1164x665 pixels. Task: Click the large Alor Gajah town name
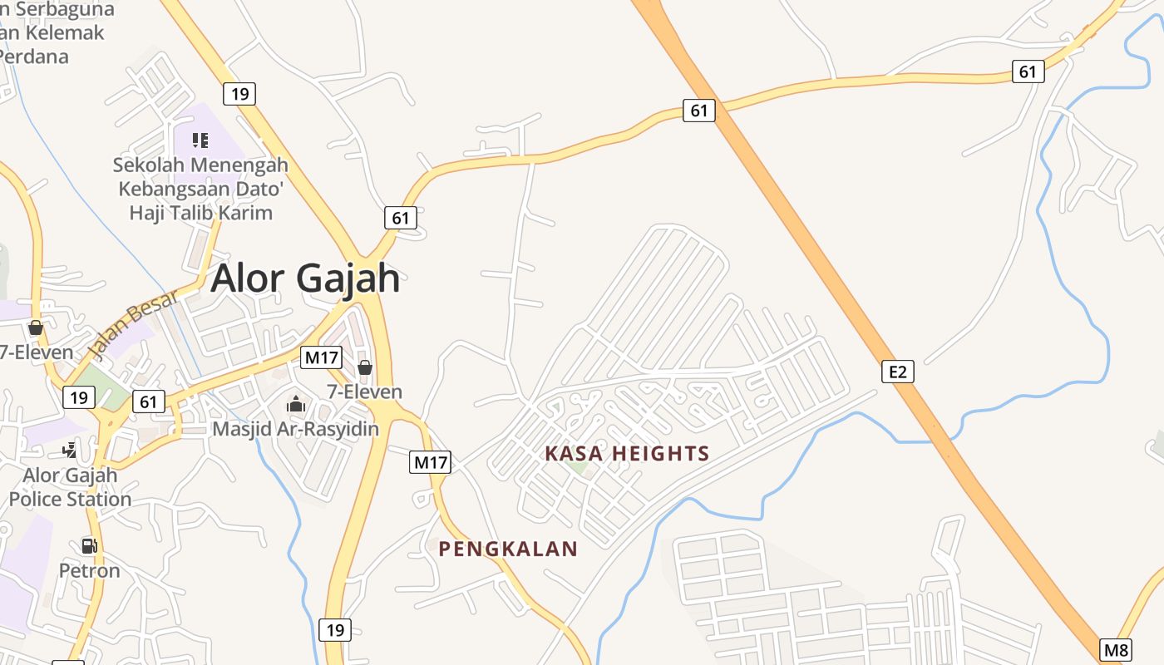(x=305, y=278)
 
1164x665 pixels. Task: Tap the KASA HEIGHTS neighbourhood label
(x=627, y=454)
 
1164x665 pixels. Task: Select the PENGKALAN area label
(x=507, y=549)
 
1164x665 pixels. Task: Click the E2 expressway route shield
(x=897, y=372)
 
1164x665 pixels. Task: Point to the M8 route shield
(x=1117, y=650)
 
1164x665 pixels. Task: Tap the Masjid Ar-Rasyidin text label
(x=295, y=429)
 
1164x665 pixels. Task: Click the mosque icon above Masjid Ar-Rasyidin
(x=295, y=405)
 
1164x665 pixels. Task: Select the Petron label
(x=89, y=571)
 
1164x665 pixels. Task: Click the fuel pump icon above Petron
(x=89, y=546)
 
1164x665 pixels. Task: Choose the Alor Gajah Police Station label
(x=70, y=488)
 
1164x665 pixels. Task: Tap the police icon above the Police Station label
(x=70, y=451)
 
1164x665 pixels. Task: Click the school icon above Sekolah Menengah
(x=200, y=140)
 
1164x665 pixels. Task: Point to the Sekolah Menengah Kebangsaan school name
(x=200, y=189)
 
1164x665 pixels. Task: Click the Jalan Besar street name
(x=131, y=325)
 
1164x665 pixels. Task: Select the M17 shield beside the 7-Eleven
(x=321, y=358)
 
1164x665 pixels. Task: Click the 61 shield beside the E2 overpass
(x=699, y=110)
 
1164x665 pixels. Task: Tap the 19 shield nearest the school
(x=239, y=94)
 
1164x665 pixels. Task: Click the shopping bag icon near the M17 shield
(x=364, y=367)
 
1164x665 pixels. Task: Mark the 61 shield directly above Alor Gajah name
(x=401, y=218)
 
